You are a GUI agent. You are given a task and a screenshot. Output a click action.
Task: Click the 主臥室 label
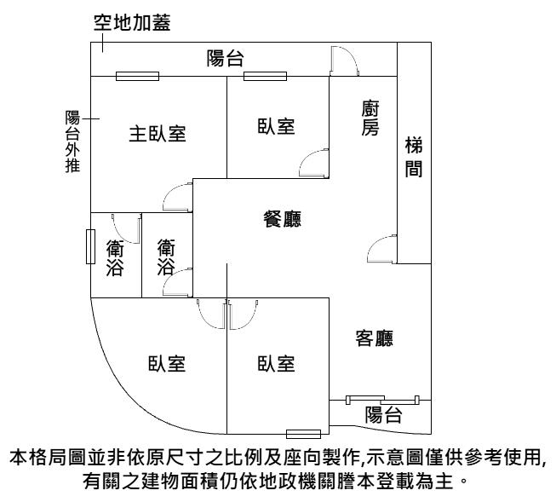[158, 134]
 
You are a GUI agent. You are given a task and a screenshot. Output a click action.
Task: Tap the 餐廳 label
[284, 218]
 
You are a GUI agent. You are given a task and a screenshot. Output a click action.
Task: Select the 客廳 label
[374, 338]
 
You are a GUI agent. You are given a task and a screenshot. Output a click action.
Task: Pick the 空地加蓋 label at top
[132, 24]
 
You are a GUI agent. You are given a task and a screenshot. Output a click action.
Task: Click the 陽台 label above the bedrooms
[226, 58]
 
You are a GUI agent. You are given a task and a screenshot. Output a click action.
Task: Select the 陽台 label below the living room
[383, 415]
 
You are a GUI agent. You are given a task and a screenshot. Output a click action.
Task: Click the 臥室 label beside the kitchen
[276, 126]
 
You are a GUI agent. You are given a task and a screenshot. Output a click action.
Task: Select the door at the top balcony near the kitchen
[342, 60]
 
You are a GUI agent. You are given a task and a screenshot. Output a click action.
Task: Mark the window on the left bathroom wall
[89, 247]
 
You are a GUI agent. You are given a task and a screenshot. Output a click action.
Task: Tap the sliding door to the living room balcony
[382, 398]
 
